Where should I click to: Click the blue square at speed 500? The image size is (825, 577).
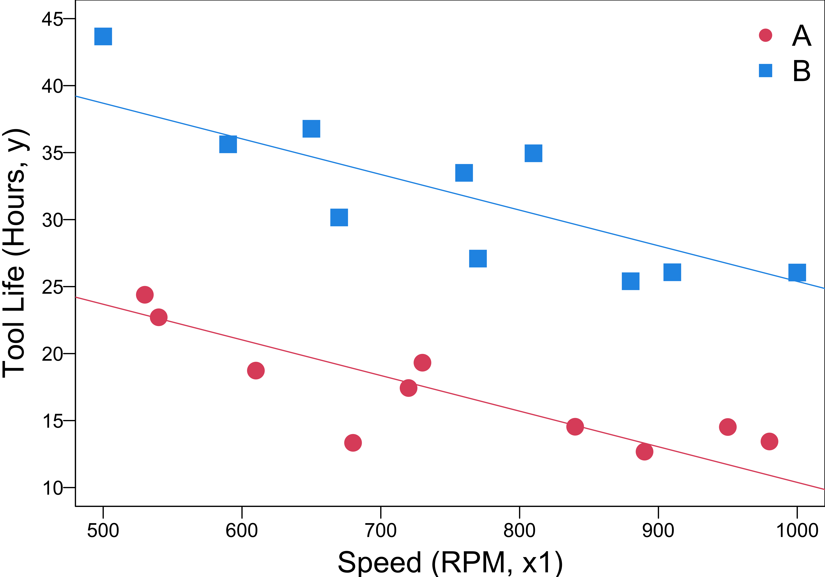coord(103,36)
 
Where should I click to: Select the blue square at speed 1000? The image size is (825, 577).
coord(797,272)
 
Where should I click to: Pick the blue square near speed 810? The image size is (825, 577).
coord(533,153)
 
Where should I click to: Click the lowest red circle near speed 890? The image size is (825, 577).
coord(644,451)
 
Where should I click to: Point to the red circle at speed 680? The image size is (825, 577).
coord(353,443)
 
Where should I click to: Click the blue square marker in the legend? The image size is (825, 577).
coord(765,70)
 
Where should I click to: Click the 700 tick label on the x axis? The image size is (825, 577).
coord(381,531)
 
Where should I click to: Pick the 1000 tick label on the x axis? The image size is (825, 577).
coord(797,531)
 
